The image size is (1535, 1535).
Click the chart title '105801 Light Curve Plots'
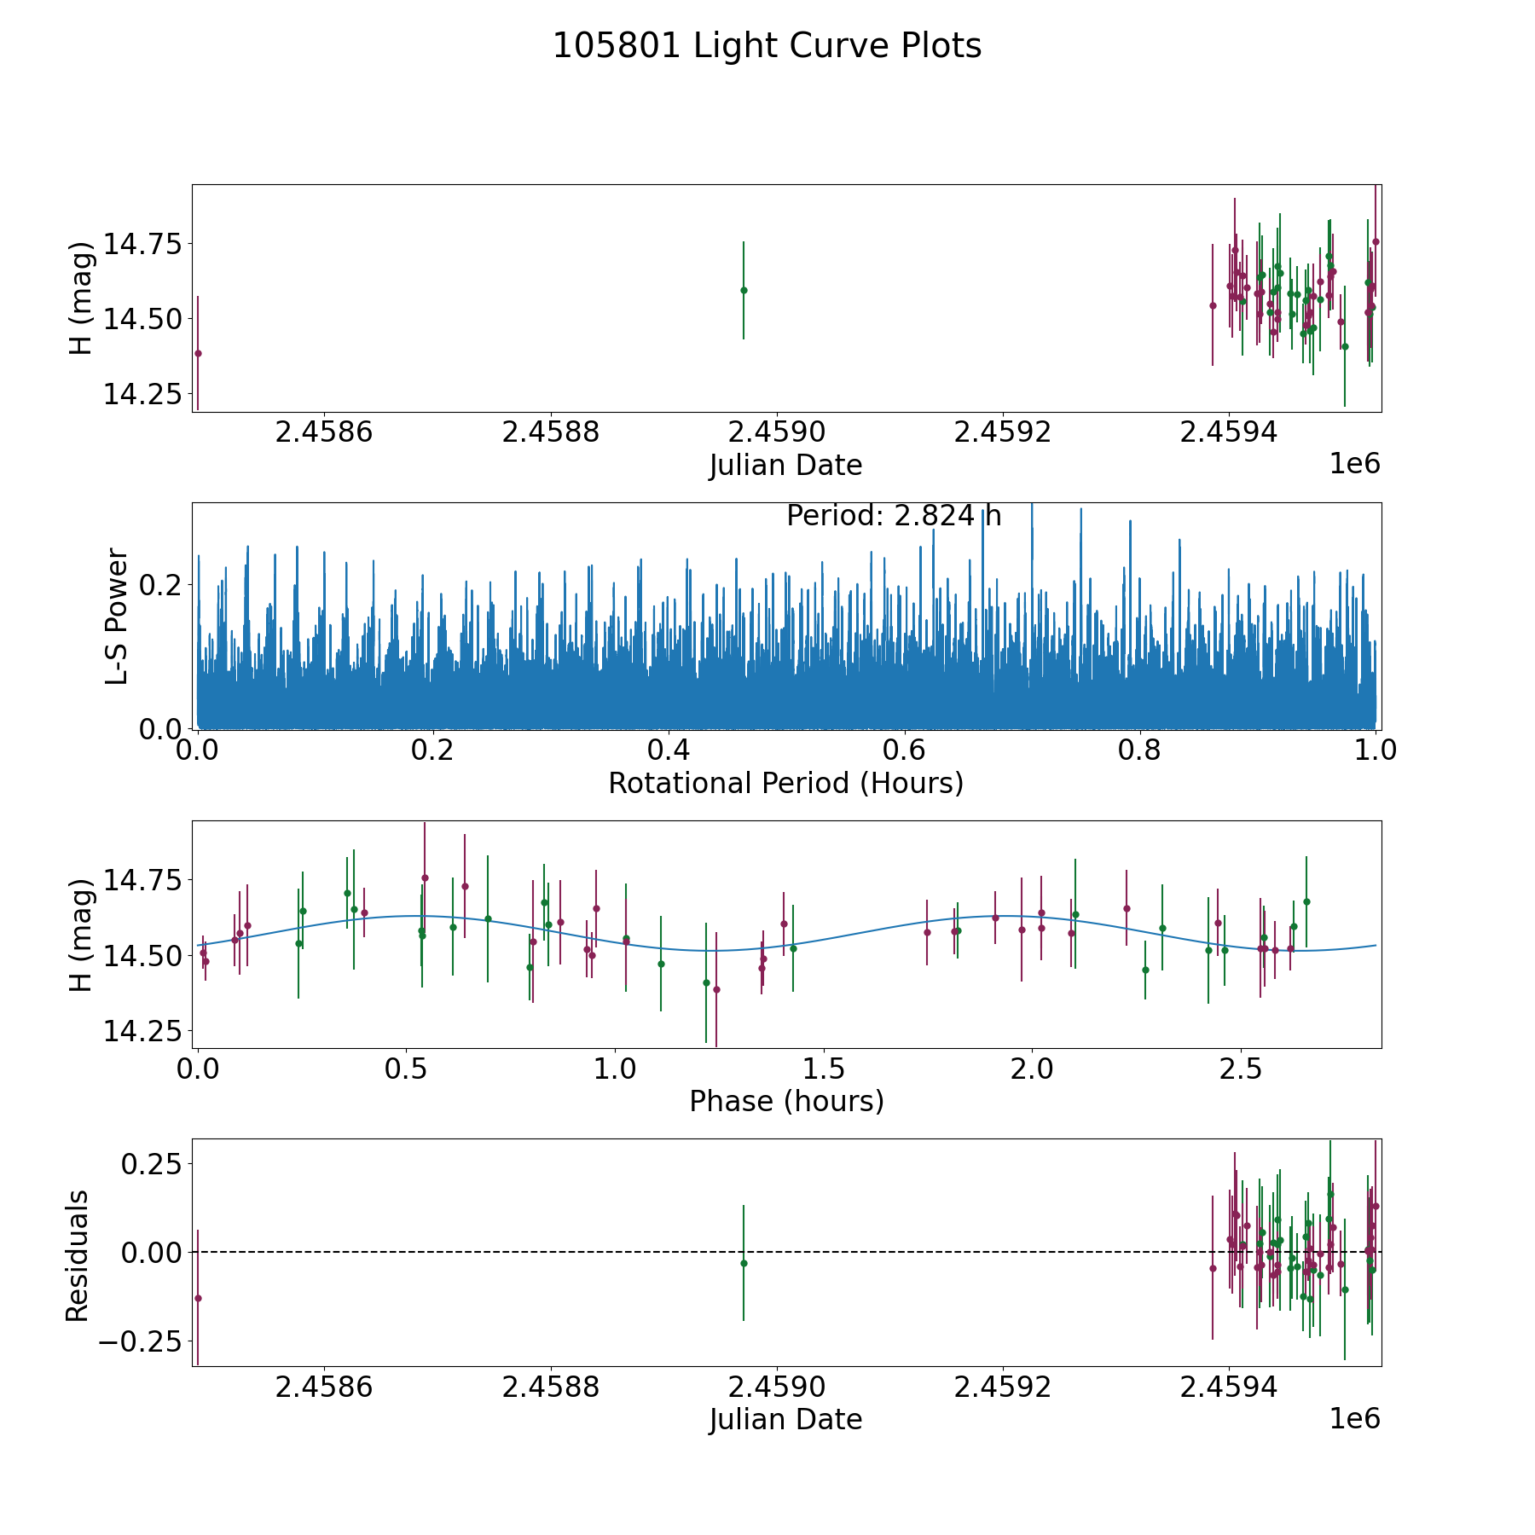pos(767,46)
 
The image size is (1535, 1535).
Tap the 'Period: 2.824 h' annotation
pos(894,516)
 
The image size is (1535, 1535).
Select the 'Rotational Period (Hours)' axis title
pos(785,783)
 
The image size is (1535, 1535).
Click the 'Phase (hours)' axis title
pos(786,1101)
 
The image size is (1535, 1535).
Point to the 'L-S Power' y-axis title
pos(117,616)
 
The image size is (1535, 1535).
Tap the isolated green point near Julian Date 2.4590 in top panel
pos(744,290)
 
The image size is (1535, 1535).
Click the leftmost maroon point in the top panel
pos(198,353)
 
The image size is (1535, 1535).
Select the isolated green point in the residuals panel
pos(744,1263)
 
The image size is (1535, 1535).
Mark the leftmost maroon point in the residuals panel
pos(198,1298)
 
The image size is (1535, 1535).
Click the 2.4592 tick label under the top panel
pos(1003,432)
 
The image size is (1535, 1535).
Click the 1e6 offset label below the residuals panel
pos(1354,1419)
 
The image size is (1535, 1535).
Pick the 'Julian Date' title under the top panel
pos(785,466)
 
